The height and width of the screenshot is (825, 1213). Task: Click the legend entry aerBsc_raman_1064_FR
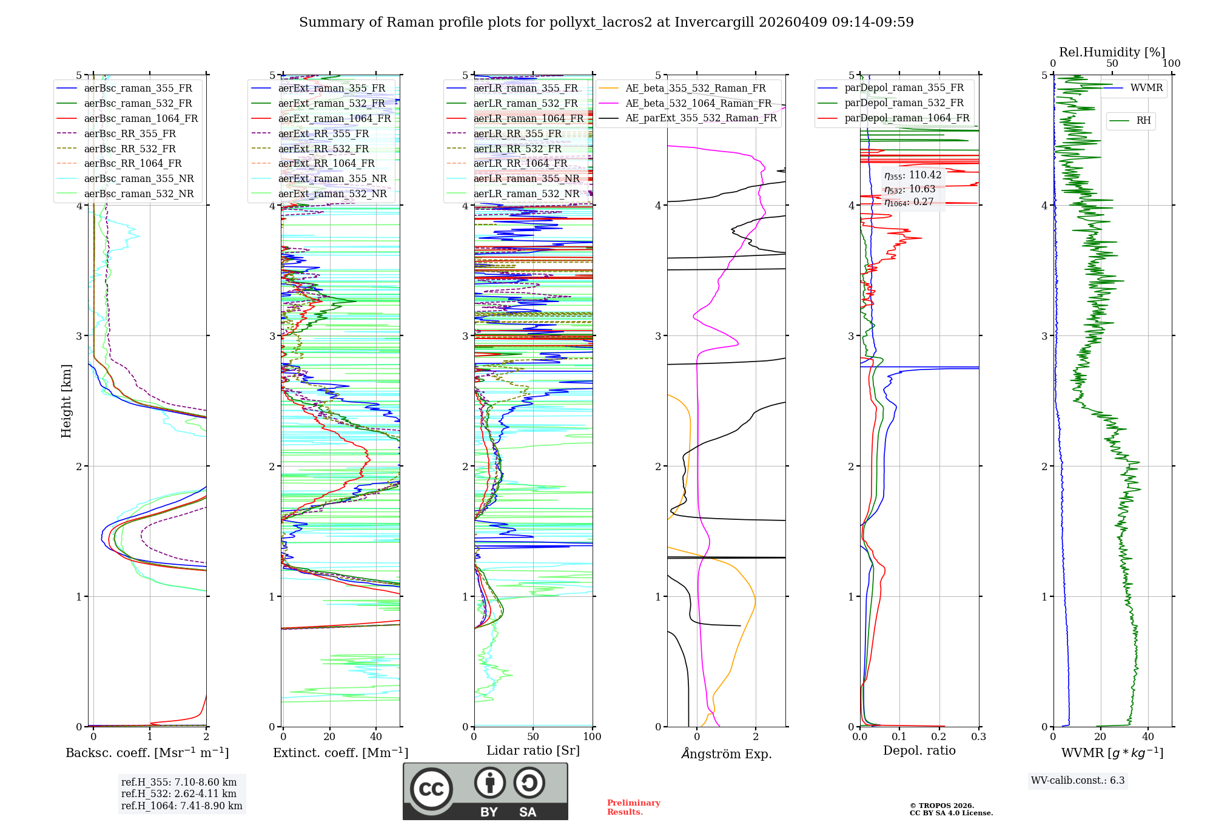coord(141,118)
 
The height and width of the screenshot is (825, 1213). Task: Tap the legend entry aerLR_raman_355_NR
coord(526,178)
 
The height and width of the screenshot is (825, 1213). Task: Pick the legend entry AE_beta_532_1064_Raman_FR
coord(698,103)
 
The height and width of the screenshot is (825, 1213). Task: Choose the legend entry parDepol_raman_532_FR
coord(904,103)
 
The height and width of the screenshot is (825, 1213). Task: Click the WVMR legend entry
coord(1146,88)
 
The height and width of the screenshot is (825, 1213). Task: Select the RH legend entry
coord(1143,121)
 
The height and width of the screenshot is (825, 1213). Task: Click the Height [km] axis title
coord(66,401)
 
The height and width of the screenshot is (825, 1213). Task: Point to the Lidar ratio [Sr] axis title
coord(533,750)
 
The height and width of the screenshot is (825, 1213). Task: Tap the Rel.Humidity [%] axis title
coord(1112,52)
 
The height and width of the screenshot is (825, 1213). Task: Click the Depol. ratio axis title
coord(919,750)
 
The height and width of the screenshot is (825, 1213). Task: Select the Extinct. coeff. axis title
coord(340,753)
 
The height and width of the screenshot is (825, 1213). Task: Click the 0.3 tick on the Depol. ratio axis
coord(978,737)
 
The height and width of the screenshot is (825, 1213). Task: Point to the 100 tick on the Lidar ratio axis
coord(592,737)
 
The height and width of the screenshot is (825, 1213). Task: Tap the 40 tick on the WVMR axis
coord(1147,737)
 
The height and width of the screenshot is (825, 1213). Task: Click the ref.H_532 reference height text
coord(178,793)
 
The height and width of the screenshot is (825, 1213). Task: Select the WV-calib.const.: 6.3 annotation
coord(1078,781)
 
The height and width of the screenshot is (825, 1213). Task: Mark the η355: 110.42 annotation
coord(913,175)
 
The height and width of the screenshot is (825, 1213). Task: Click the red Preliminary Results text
coord(633,807)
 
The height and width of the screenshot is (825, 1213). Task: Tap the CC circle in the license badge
coord(431,789)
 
